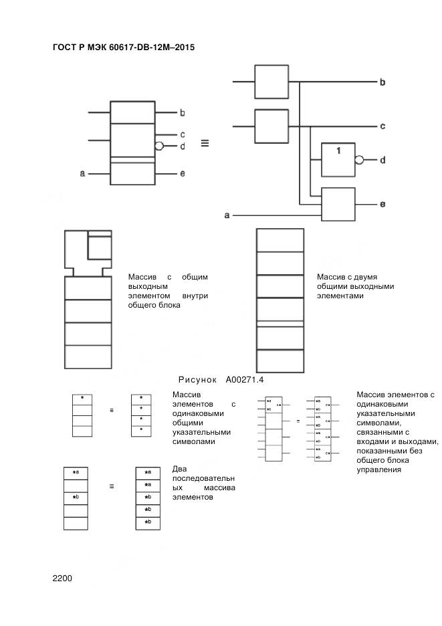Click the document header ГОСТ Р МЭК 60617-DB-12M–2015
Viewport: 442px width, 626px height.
pyautogui.click(x=123, y=47)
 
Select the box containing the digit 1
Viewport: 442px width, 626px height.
pyautogui.click(x=338, y=159)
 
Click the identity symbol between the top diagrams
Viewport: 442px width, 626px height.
pyautogui.click(x=205, y=142)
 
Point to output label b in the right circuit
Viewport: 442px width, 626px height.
pyautogui.click(x=382, y=82)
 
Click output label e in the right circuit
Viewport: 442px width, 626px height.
pyautogui.click(x=382, y=204)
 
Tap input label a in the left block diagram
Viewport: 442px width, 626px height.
pyautogui.click(x=82, y=174)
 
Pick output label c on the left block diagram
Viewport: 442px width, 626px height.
pyautogui.click(x=182, y=134)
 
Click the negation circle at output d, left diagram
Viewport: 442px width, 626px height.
pyautogui.click(x=159, y=145)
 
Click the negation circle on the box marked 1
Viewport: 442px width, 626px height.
pyautogui.click(x=359, y=160)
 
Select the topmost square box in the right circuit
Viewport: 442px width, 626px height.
pyautogui.click(x=271, y=82)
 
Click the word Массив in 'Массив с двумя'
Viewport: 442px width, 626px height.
pyautogui.click(x=330, y=277)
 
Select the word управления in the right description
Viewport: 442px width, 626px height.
pyautogui.click(x=379, y=469)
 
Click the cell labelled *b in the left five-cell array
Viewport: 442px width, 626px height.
pyautogui.click(x=76, y=498)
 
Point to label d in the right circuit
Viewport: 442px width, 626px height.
pyautogui.click(x=382, y=161)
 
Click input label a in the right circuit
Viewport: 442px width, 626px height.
pyautogui.click(x=227, y=215)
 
